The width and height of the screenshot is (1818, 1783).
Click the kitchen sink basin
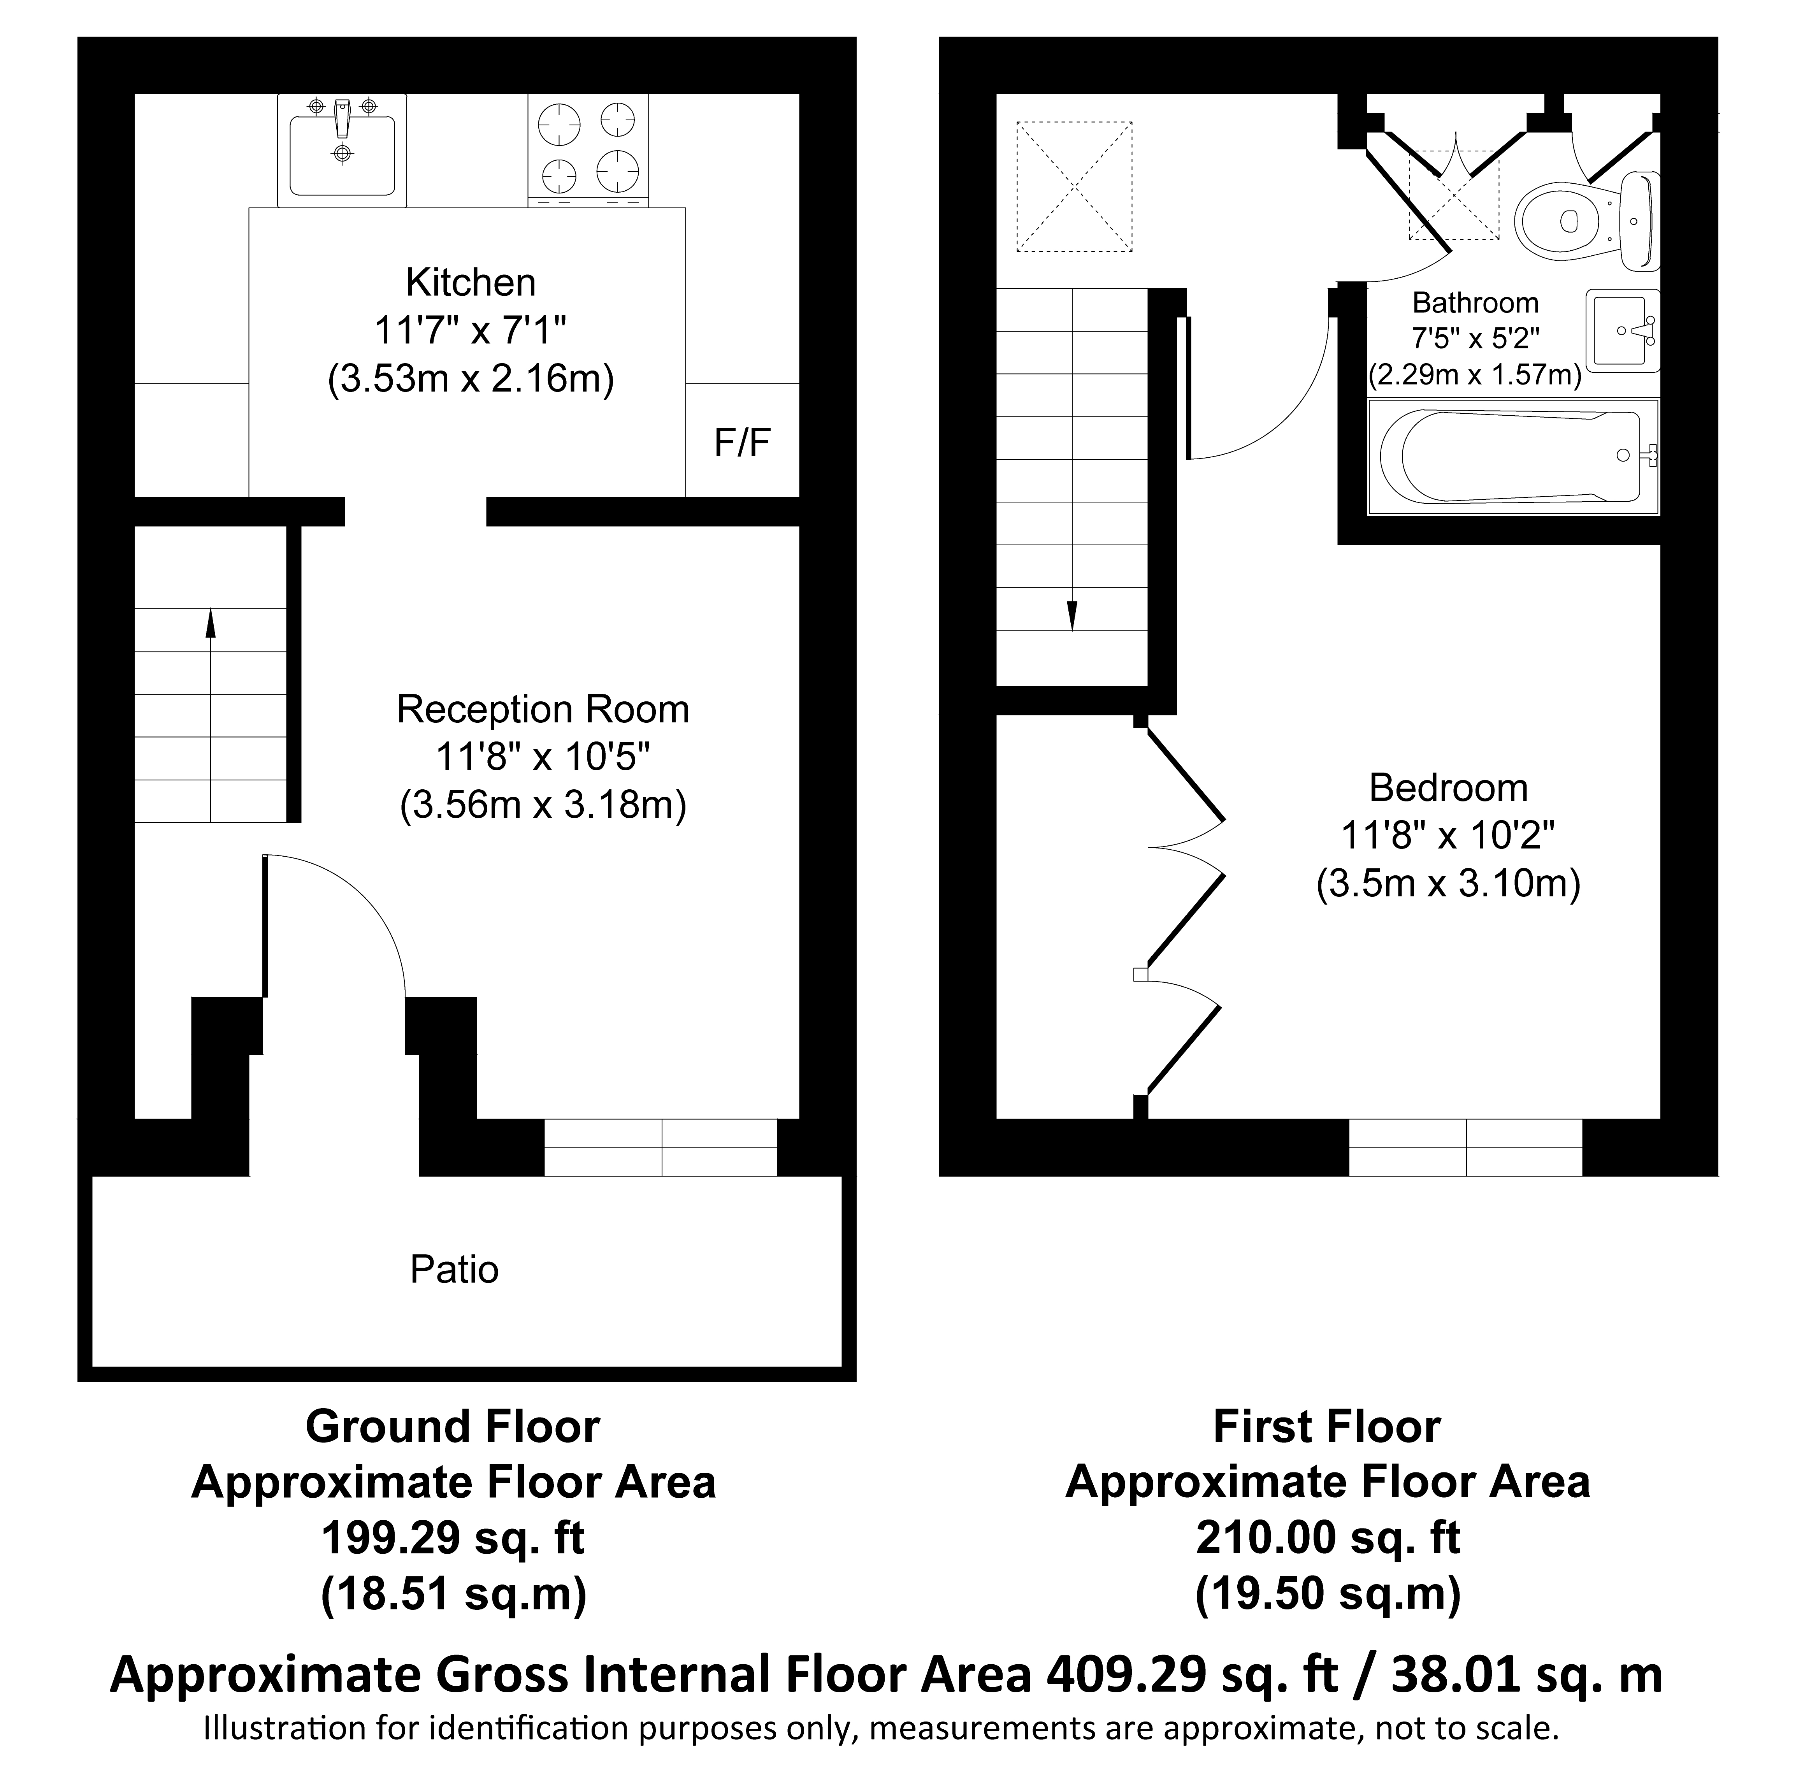pyautogui.click(x=342, y=150)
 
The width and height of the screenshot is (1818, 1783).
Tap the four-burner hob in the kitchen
pyautogui.click(x=588, y=150)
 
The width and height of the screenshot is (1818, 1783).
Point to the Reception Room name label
pyautogui.click(x=543, y=709)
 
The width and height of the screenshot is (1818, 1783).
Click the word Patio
pyautogui.click(x=454, y=1270)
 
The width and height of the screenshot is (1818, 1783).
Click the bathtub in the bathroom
pyautogui.click(x=1512, y=456)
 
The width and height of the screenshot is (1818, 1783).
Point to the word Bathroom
pyautogui.click(x=1475, y=302)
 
